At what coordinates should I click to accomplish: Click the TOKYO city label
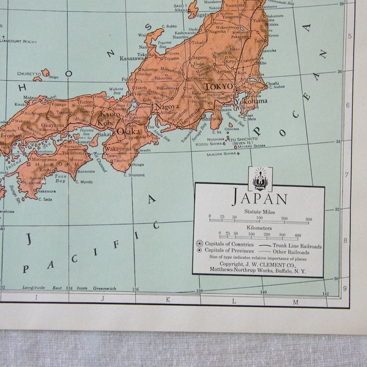(218, 86)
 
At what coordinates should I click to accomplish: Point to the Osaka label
(128, 131)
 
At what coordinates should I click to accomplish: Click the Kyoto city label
(111, 114)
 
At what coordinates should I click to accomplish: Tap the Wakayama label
(119, 148)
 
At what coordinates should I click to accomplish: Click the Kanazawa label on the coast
(132, 58)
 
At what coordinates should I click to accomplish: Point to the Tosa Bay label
(59, 179)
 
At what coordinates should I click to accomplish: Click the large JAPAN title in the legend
(259, 198)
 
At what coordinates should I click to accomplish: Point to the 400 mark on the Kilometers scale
(297, 234)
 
